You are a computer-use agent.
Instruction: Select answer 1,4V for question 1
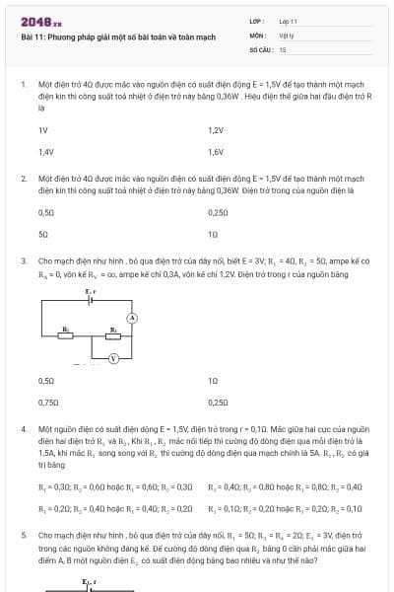pyautogui.click(x=45, y=152)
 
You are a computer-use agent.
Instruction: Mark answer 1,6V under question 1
pyautogui.click(x=216, y=152)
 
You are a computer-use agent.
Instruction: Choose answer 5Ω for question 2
pyautogui.click(x=42, y=234)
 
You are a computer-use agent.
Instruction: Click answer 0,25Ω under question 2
pyautogui.click(x=218, y=212)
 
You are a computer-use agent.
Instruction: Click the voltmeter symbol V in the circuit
pyautogui.click(x=113, y=356)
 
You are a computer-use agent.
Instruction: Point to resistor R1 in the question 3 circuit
pyautogui.click(x=66, y=333)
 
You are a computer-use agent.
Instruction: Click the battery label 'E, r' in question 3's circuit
pyautogui.click(x=91, y=293)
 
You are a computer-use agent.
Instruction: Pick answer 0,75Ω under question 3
pyautogui.click(x=45, y=402)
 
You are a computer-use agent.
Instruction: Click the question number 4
pyautogui.click(x=23, y=430)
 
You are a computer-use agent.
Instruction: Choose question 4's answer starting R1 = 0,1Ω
pyautogui.click(x=285, y=507)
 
